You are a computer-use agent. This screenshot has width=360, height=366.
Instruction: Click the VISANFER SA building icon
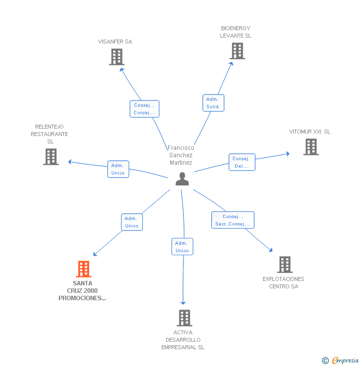tap(116, 57)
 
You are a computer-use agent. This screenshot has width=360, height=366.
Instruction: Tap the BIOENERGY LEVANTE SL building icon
tap(237, 51)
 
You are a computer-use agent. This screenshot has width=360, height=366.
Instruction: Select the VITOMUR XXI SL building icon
tap(311, 147)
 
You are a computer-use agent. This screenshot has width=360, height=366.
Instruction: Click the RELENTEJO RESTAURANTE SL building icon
tap(51, 157)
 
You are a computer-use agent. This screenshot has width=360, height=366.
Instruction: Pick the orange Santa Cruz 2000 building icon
tap(84, 269)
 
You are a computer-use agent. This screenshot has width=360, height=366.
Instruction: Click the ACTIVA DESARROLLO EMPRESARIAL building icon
tap(184, 318)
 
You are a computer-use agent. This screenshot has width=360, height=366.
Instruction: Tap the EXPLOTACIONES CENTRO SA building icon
tap(284, 265)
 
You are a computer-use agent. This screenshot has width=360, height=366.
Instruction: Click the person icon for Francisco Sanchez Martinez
tap(182, 179)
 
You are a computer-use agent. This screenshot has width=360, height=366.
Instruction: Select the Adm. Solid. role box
tap(213, 103)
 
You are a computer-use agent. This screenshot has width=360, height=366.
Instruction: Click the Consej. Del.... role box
tap(242, 162)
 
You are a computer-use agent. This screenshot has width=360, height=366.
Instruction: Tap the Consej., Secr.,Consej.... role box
tap(233, 220)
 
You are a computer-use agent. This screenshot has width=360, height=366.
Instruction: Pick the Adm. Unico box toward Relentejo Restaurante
tap(118, 169)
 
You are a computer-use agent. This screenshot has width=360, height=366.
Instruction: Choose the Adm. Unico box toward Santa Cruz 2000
tap(132, 222)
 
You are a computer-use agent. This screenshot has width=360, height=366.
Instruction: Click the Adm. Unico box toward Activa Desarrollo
tap(182, 247)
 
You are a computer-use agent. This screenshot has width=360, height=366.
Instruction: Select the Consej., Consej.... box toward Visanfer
tap(144, 109)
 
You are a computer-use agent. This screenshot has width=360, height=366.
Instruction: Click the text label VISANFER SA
tap(115, 42)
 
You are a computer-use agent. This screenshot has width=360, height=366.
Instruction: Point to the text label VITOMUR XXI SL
tap(310, 132)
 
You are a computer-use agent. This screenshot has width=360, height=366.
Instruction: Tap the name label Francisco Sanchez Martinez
tap(181, 155)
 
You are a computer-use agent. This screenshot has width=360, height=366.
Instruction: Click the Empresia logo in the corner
tap(341, 361)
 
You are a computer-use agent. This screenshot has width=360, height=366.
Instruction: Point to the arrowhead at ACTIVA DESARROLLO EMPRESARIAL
tap(183, 303)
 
